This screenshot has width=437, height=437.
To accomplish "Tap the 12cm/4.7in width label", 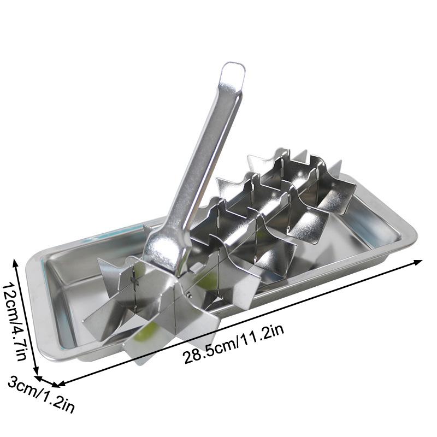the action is click(x=15, y=322).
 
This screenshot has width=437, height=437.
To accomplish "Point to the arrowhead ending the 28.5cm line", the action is click(x=418, y=262).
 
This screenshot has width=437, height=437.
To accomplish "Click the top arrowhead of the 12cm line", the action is click(x=16, y=263).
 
